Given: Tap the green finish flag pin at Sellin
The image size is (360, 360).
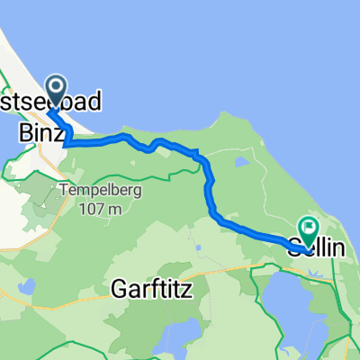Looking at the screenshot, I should (x=309, y=230).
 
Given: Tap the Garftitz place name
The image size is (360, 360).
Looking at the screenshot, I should (x=153, y=288).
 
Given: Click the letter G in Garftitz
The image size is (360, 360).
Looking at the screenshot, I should (x=120, y=288).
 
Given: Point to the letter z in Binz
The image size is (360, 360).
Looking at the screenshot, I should (x=60, y=133).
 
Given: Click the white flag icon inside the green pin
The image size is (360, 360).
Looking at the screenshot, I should (x=309, y=228).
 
